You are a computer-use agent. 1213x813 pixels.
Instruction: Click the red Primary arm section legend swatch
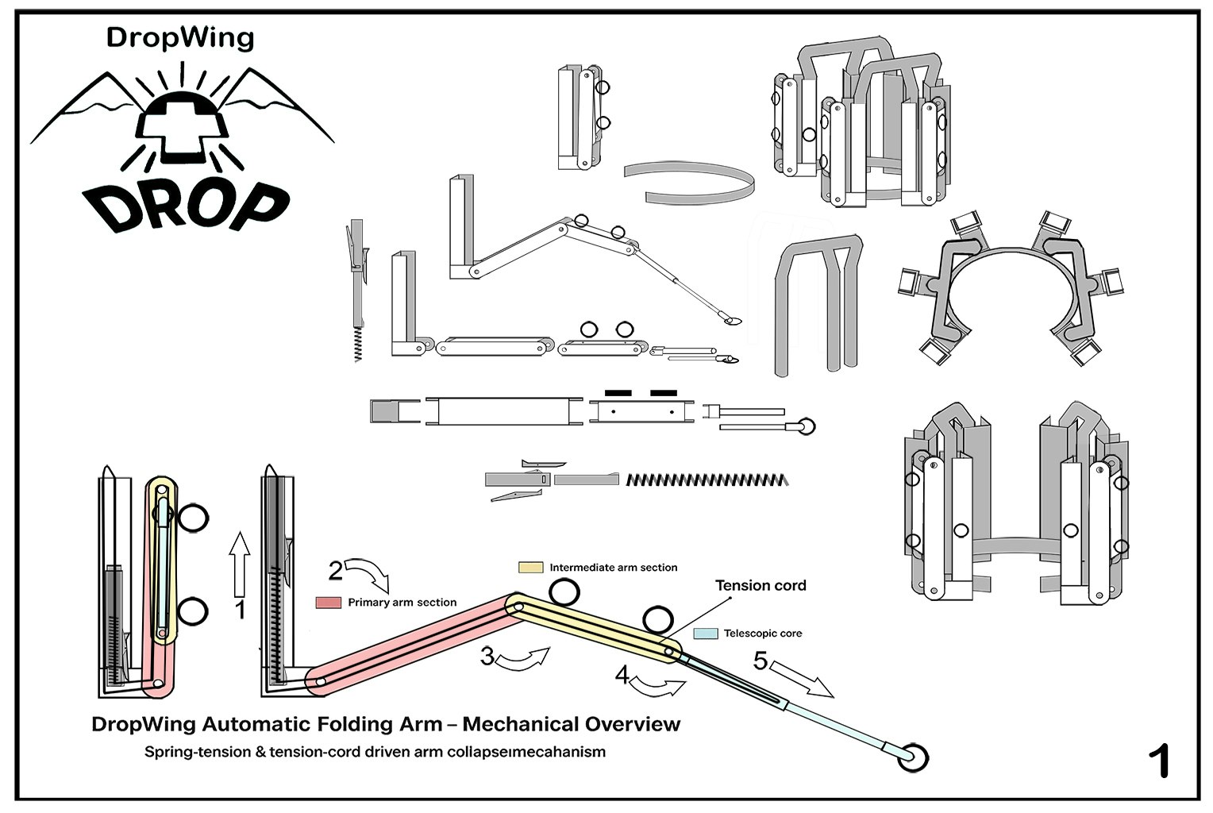tap(329, 603)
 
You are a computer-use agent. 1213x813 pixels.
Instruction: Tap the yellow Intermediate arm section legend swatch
tap(530, 568)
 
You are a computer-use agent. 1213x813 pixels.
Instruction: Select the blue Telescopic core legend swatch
tap(705, 634)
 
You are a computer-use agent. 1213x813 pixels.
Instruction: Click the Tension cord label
tap(760, 586)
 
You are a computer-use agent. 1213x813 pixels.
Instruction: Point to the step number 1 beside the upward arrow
tap(241, 610)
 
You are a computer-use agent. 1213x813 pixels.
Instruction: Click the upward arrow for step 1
tap(239, 564)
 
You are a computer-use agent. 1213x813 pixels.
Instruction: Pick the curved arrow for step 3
tap(524, 659)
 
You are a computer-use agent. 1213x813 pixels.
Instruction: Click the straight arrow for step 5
tap(802, 680)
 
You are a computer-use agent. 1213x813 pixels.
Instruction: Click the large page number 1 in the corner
tap(1159, 761)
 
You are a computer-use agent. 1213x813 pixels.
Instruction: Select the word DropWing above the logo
tap(180, 37)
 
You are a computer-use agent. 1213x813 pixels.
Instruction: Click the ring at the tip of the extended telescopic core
tap(912, 758)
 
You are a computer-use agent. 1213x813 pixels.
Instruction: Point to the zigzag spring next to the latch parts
tap(707, 480)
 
